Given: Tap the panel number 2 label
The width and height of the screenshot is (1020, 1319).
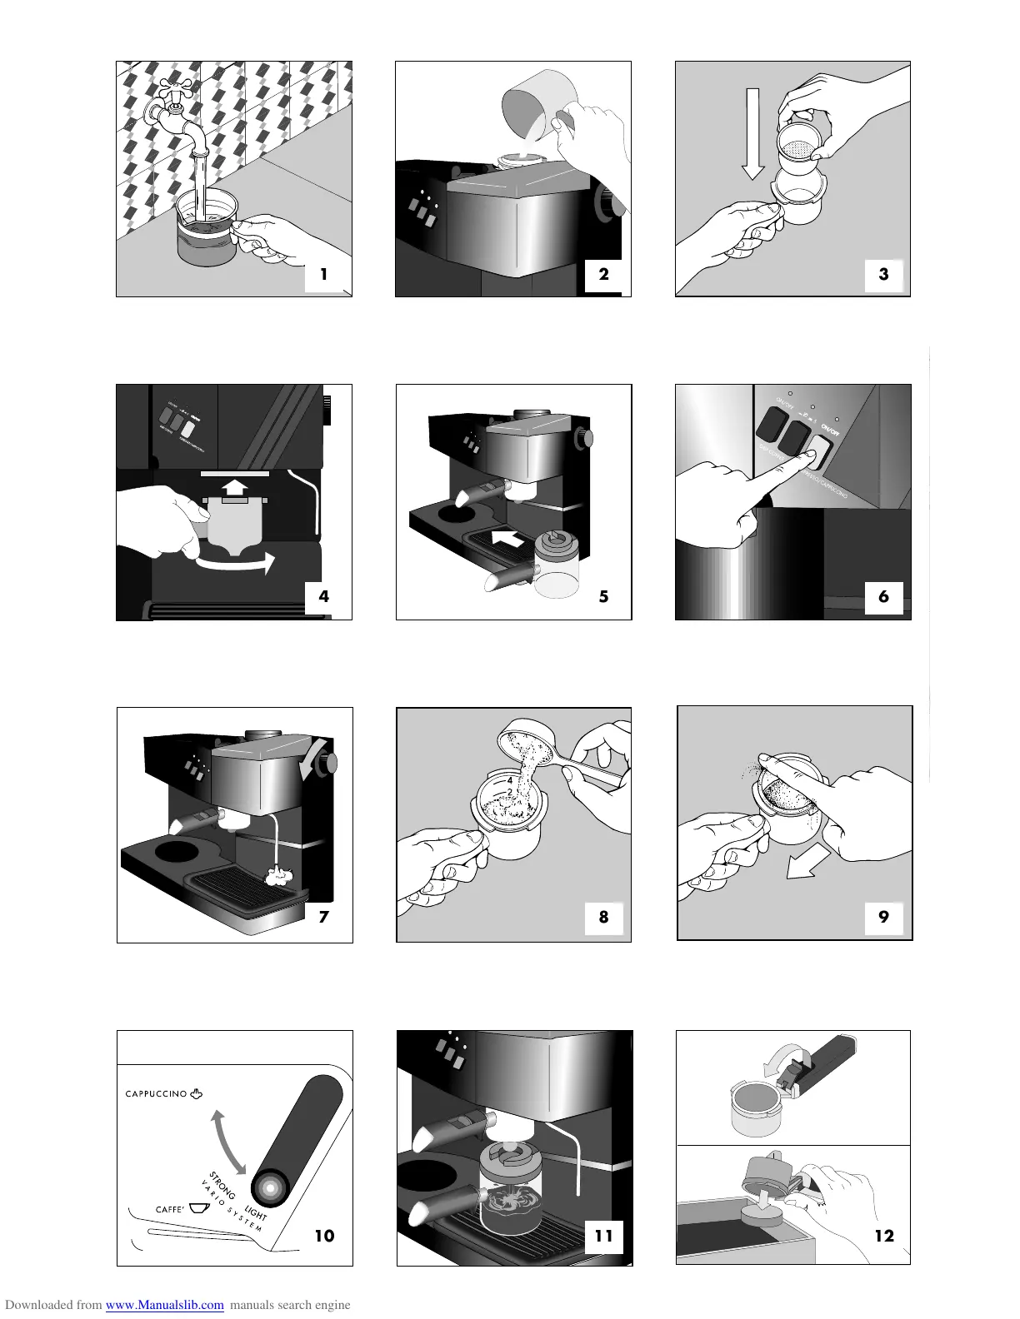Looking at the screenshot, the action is point(604,273).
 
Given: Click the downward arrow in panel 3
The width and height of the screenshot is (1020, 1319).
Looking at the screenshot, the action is point(752,134).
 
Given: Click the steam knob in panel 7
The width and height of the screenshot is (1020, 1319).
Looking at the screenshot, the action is point(332,763).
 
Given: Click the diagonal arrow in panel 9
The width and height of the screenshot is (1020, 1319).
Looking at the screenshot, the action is point(808,861).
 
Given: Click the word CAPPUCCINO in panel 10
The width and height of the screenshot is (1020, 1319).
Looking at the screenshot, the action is point(156,1094).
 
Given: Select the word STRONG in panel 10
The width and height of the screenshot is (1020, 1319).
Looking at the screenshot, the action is point(222,1185).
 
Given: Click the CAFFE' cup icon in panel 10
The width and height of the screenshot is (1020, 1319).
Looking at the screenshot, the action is point(198,1208).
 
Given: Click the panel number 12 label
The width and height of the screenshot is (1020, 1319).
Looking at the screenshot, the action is point(883,1236).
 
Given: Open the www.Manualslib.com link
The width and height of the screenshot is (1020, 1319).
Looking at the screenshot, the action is point(164,1305).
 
